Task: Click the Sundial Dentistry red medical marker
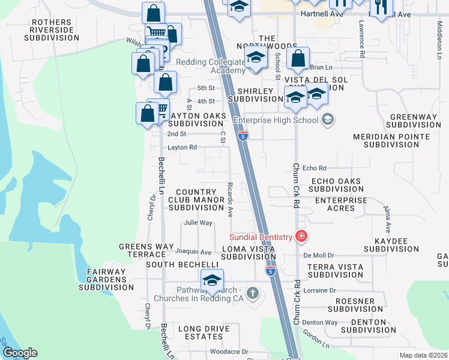pyautogui.click(x=301, y=236)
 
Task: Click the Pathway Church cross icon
pyautogui.click(x=253, y=294)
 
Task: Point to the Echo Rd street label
pyautogui.click(x=314, y=169)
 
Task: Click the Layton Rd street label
pyautogui.click(x=182, y=147)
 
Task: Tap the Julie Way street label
pyautogui.click(x=198, y=223)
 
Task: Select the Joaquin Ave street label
pyautogui.click(x=193, y=252)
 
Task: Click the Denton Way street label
pyautogui.click(x=319, y=322)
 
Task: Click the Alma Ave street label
pyautogui.click(x=387, y=220)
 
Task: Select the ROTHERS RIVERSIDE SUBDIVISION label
pyautogui.click(x=52, y=30)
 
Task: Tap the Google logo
pyautogui.click(x=20, y=352)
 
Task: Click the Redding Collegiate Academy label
pyautogui.click(x=210, y=66)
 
